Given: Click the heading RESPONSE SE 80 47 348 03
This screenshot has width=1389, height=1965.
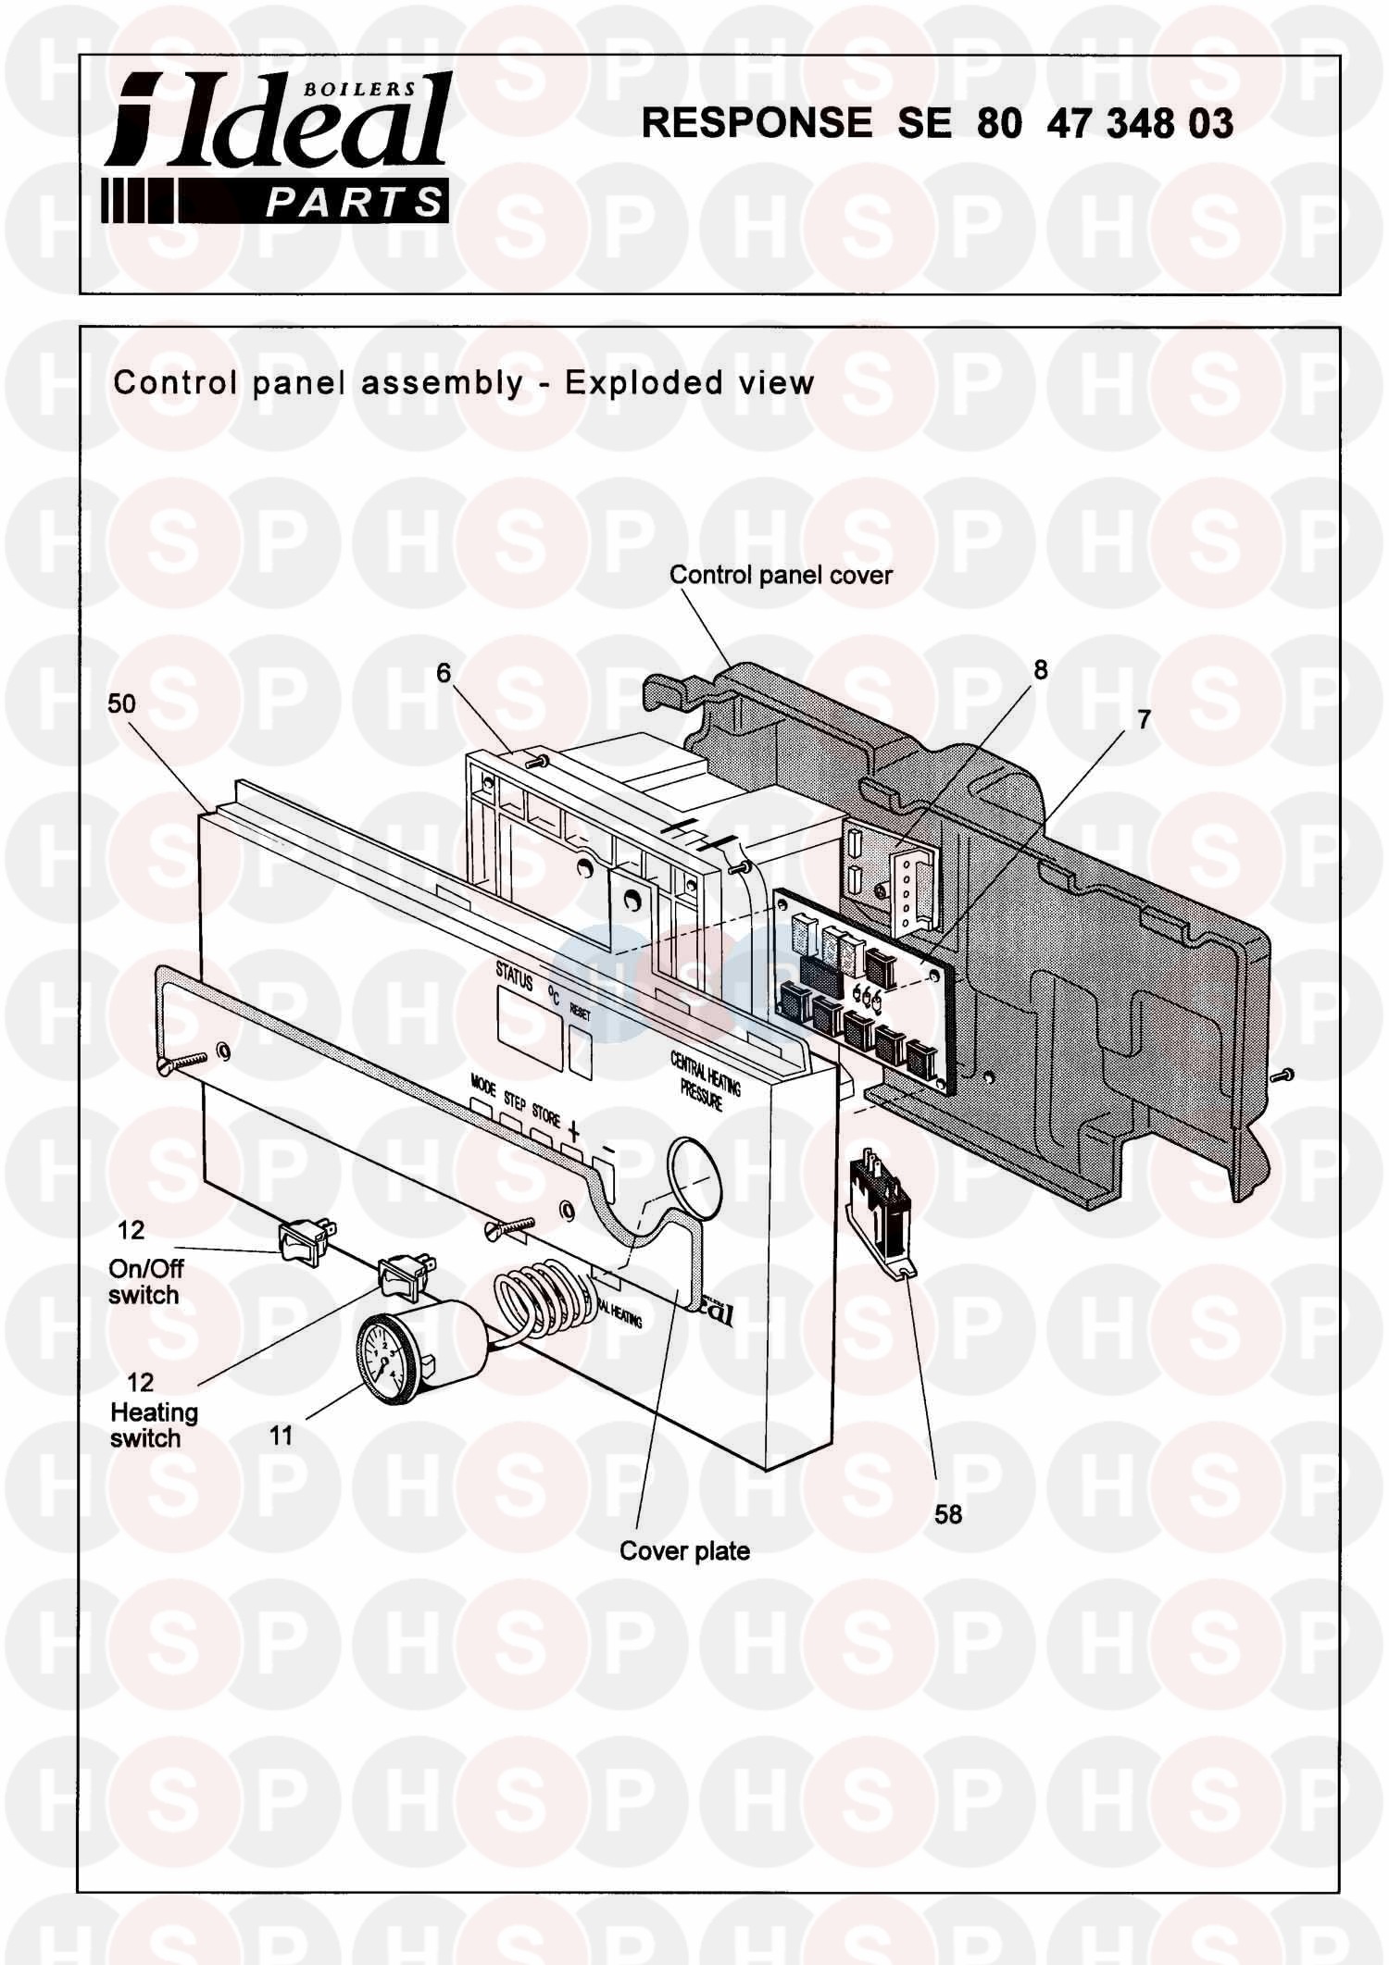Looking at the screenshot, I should [x=937, y=123].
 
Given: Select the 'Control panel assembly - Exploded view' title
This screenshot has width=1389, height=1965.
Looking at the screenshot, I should [x=463, y=383].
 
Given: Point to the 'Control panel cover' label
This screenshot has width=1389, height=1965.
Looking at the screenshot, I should [x=781, y=575].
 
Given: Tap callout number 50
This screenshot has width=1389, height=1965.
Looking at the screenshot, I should [x=121, y=703].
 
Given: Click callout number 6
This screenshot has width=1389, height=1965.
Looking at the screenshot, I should [x=444, y=673].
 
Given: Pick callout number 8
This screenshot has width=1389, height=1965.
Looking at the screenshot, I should [x=1041, y=670].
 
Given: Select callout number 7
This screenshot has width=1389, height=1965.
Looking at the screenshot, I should [x=1145, y=719].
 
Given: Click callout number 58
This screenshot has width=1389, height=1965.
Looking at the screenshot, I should [x=948, y=1514].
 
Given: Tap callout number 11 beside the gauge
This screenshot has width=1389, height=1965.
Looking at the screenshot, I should [x=281, y=1436].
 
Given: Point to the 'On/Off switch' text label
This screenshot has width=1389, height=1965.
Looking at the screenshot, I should [x=145, y=1282].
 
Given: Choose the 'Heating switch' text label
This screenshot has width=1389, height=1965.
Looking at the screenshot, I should [x=154, y=1425].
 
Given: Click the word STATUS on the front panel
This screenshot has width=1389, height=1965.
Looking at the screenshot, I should [x=515, y=976].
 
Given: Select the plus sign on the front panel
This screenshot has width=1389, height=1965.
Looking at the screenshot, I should [x=574, y=1130].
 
